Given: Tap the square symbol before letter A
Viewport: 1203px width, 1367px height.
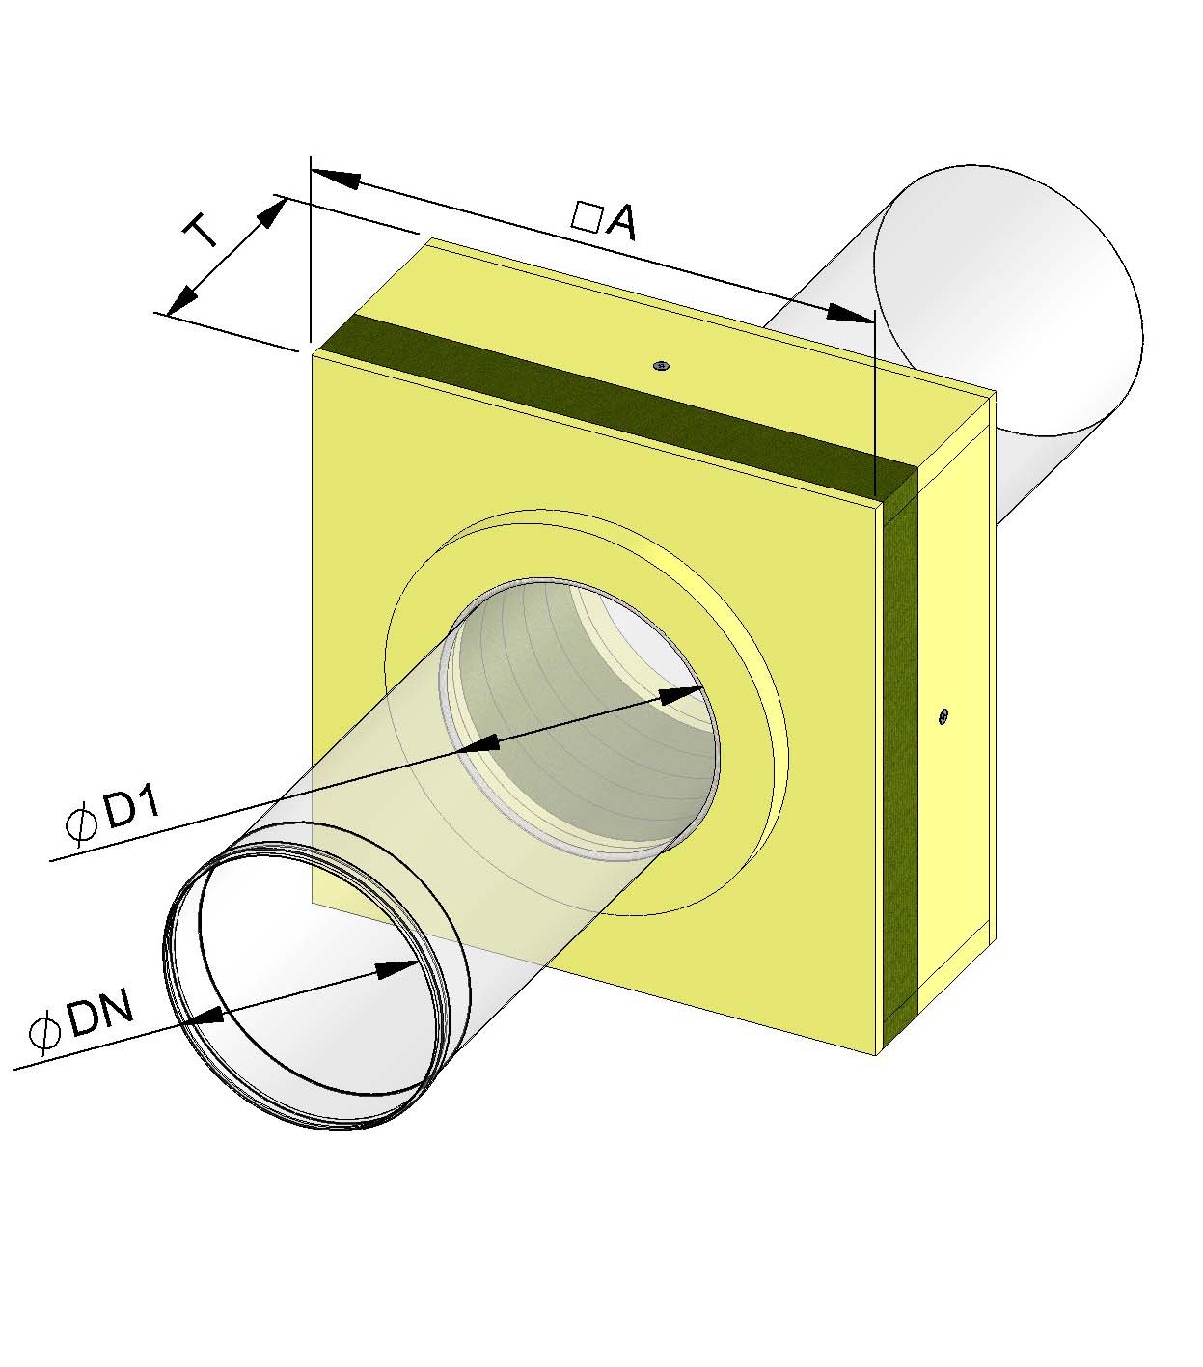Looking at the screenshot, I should (587, 215).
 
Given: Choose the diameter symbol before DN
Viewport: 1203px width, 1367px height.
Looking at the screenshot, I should (44, 1034).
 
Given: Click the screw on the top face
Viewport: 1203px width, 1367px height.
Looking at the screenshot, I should (661, 365).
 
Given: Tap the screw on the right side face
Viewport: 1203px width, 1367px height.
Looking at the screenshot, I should (943, 715).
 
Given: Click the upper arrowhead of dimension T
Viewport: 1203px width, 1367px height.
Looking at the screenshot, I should (272, 211).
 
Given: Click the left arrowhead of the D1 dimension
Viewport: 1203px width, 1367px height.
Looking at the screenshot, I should (477, 742).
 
